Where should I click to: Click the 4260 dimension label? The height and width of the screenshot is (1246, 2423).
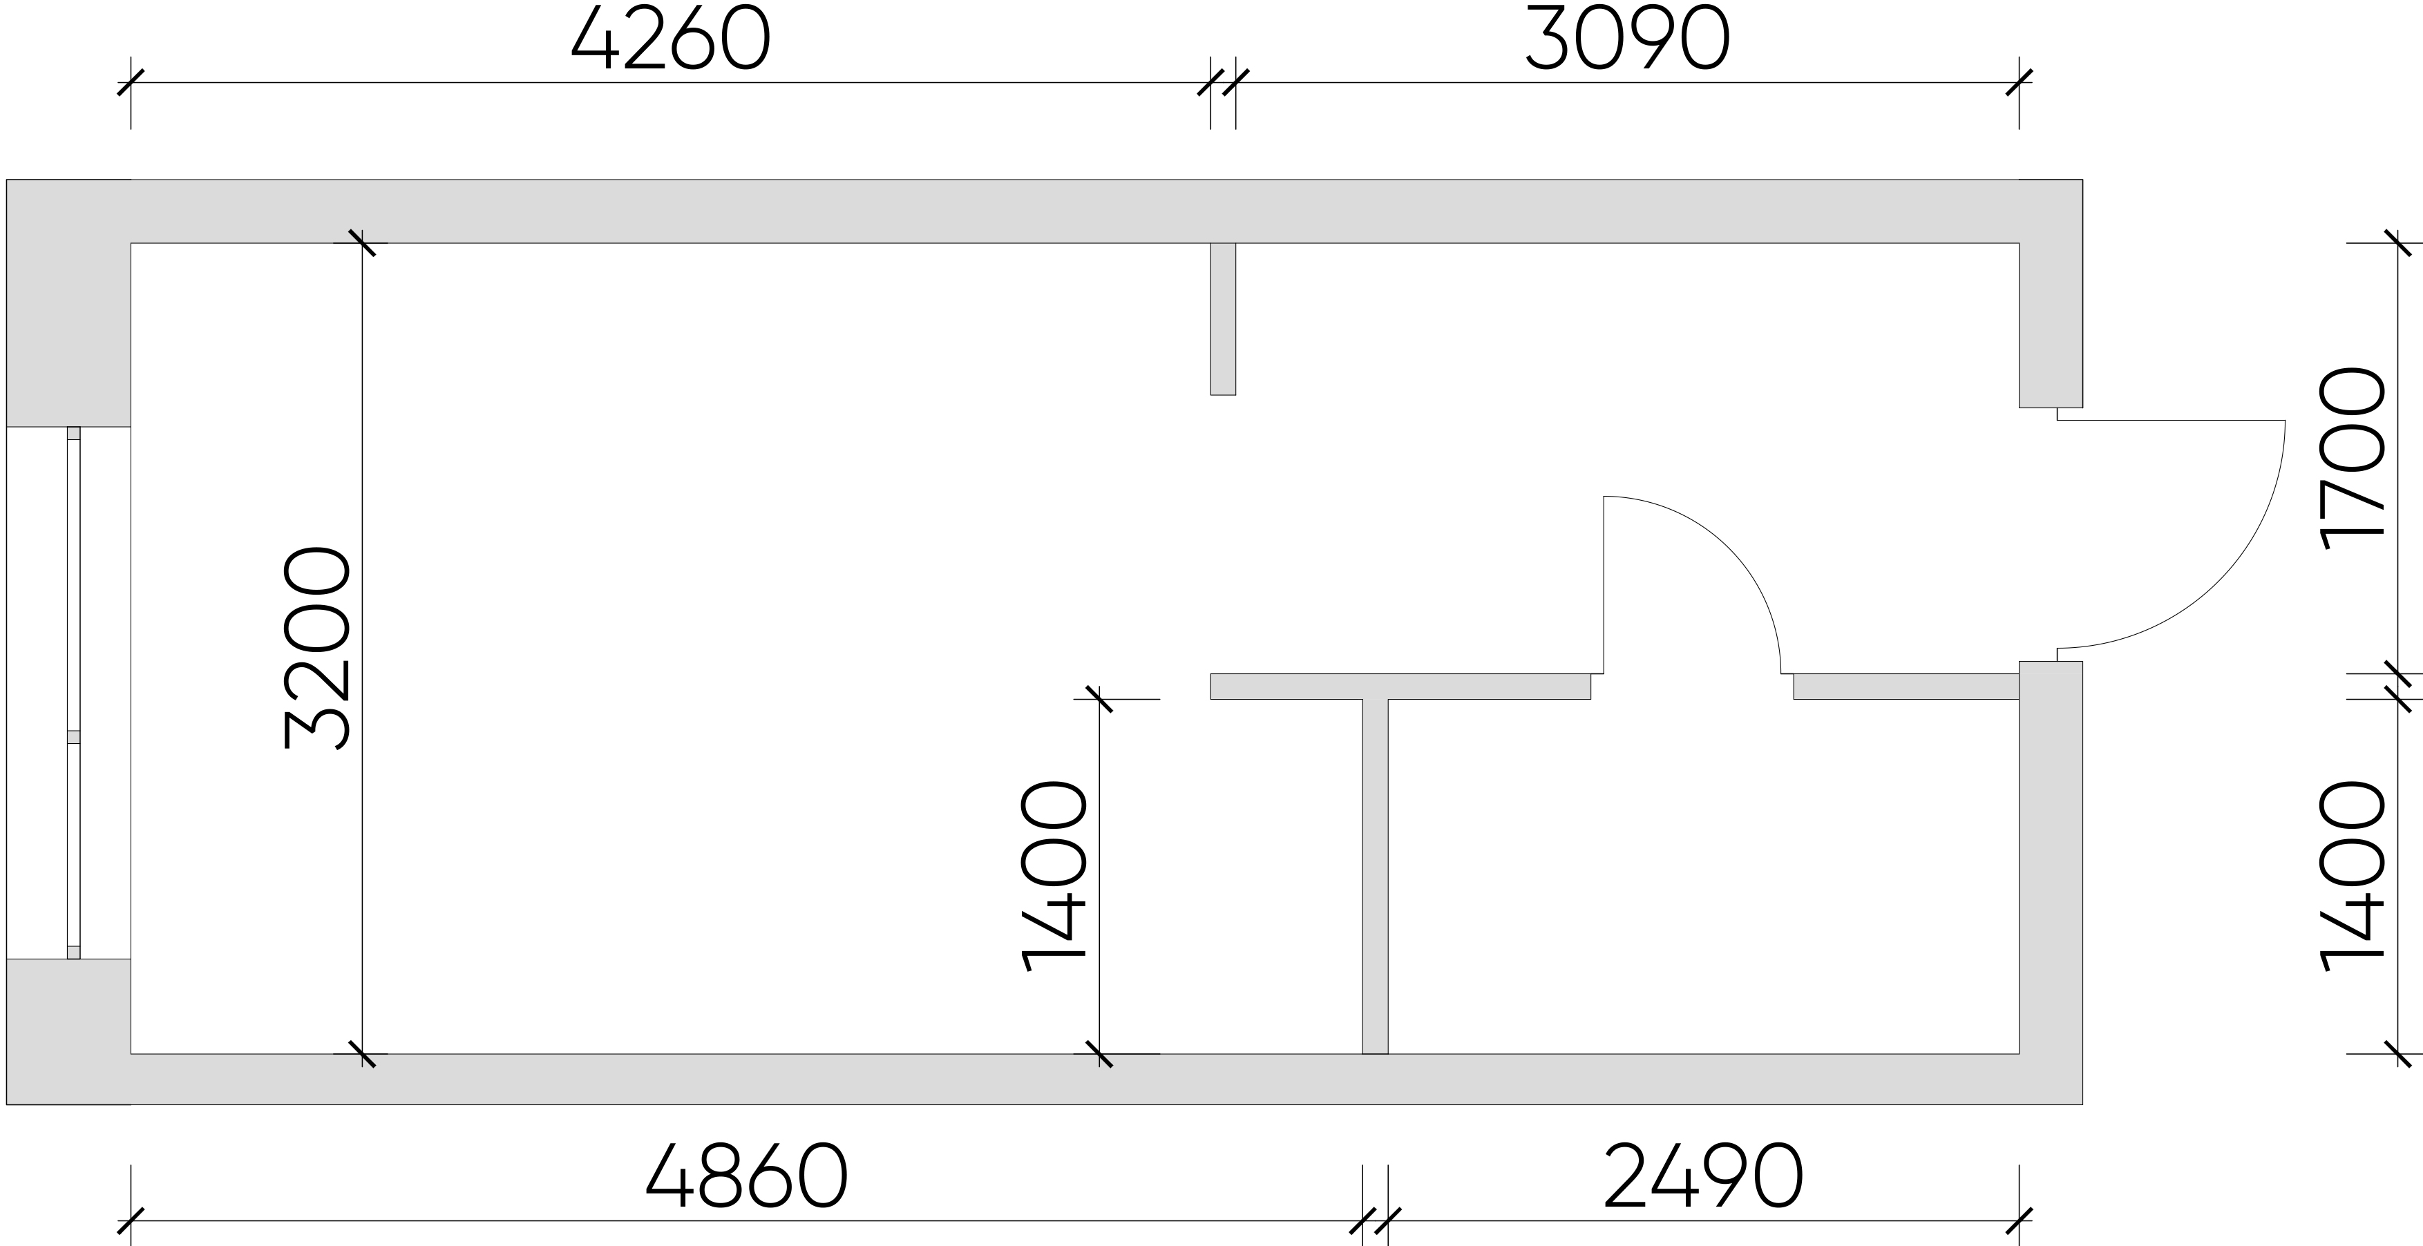pos(671,39)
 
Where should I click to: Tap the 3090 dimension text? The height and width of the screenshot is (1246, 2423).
pos(1626,39)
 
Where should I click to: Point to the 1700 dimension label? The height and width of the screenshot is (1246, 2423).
pos(2353,458)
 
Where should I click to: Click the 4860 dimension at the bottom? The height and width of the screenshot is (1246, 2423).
pos(747,1176)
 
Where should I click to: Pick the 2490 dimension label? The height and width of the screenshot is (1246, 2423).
pos(1704,1176)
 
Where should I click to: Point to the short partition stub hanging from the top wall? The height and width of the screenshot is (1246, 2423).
pos(1223,319)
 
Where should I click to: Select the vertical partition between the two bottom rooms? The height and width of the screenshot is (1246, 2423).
pos(1375,876)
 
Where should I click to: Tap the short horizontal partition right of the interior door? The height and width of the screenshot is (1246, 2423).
pos(1907,687)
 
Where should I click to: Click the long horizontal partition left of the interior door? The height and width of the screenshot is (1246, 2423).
pos(1400,687)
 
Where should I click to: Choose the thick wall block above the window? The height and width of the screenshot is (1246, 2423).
pos(68,303)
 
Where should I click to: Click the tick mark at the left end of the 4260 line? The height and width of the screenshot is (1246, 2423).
pos(131,83)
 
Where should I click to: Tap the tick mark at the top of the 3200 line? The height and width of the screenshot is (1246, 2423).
pos(362,242)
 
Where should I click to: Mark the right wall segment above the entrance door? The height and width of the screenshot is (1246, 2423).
pos(2051,325)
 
